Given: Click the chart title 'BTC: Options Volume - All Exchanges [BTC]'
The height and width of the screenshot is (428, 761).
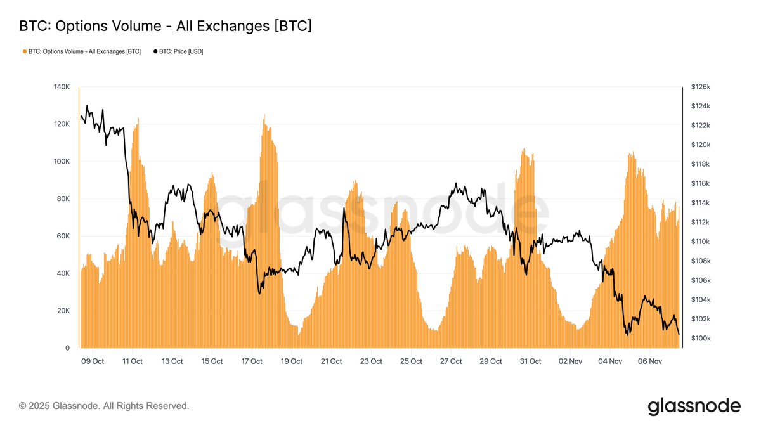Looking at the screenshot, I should [166, 26].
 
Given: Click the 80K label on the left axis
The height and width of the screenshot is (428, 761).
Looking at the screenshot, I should [63, 198].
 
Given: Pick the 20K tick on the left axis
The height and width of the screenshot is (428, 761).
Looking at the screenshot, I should [63, 311].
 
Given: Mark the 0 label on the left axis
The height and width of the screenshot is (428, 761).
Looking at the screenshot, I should [67, 348].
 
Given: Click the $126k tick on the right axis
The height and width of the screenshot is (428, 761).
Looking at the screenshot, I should [700, 87].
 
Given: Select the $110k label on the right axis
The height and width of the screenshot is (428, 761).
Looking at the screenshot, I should [700, 242].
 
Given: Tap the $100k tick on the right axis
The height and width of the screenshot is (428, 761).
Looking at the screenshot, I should [700, 339].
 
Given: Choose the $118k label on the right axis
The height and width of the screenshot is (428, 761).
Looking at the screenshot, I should [700, 164].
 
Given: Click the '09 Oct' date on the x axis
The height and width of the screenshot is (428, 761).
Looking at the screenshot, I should [93, 361].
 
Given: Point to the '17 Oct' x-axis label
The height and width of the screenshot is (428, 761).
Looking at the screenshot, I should [252, 361].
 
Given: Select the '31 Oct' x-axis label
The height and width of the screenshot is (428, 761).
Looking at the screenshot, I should [530, 361].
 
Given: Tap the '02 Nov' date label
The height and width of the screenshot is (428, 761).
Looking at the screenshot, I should [570, 361].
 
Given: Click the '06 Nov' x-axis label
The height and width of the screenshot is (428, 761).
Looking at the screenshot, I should [650, 361].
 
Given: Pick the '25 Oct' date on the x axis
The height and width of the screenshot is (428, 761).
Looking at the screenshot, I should [411, 361].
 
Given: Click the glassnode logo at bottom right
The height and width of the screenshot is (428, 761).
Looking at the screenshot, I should [694, 406].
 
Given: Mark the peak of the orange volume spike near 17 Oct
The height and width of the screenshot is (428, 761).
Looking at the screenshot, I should [264, 115].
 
